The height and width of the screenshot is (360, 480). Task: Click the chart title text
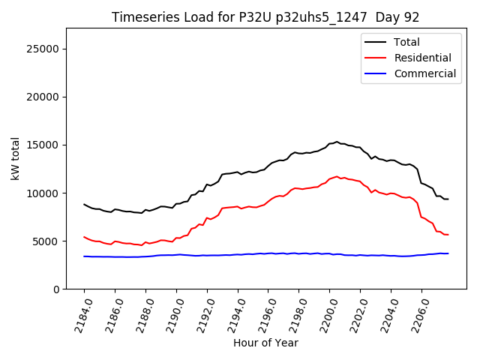tap(265, 17)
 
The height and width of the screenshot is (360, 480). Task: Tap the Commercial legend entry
tap(424, 73)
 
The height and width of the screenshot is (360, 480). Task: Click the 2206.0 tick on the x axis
tap(417, 313)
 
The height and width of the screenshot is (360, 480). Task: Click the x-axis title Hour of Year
tap(265, 343)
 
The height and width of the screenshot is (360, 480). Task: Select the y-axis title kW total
tap(15, 159)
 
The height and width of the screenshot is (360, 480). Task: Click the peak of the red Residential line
tap(337, 176)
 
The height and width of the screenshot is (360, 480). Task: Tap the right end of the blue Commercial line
tap(448, 253)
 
